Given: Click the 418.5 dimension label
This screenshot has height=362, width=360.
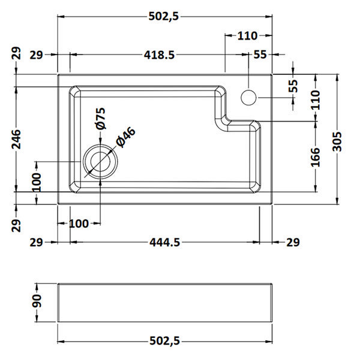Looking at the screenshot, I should point(159,55).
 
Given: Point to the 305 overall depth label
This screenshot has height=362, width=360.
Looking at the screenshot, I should point(341,142).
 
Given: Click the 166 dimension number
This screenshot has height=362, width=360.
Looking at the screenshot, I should point(316,156).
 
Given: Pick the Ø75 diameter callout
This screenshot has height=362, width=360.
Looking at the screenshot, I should point(100,118).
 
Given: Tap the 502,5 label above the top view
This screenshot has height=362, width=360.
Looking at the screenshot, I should point(164,16).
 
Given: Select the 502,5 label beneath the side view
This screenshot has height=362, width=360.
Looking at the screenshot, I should point(164,341).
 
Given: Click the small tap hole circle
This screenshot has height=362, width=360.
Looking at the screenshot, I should point(248,96).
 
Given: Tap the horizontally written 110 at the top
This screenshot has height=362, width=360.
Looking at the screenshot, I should point(247,35).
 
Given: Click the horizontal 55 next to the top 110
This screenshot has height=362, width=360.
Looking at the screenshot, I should point(260,55).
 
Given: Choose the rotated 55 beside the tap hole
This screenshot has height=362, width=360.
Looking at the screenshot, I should point(293,85).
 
